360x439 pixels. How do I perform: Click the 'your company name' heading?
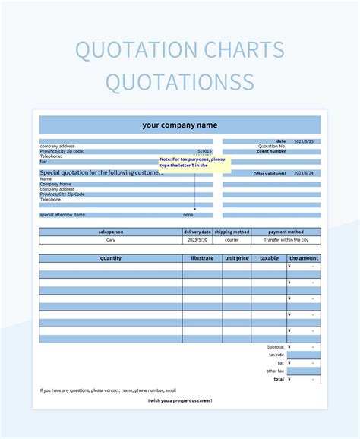pos(179,125)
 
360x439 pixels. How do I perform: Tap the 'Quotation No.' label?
pos(271,147)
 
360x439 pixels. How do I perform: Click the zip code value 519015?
pos(204,151)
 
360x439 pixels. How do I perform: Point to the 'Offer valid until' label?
pos(270,173)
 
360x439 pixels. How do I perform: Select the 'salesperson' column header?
pos(111,232)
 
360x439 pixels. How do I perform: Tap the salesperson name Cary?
pos(111,239)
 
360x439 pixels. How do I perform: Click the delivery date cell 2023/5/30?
pos(197,239)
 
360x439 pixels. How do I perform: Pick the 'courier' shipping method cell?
pos(232,239)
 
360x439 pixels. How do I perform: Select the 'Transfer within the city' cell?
pos(286,239)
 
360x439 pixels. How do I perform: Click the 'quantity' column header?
pos(111,258)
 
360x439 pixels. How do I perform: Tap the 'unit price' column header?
pos(236,258)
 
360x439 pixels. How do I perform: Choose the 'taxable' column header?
pos(269,258)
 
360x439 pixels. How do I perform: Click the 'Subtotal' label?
pos(276,346)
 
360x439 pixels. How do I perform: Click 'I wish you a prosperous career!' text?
pos(180,400)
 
